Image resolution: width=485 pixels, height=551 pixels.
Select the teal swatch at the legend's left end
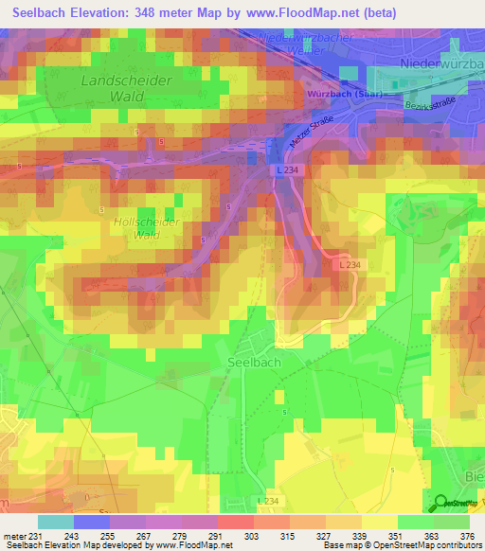pyautogui.click(x=55, y=522)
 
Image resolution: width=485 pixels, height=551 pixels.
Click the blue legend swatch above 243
pyautogui.click(x=91, y=522)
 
